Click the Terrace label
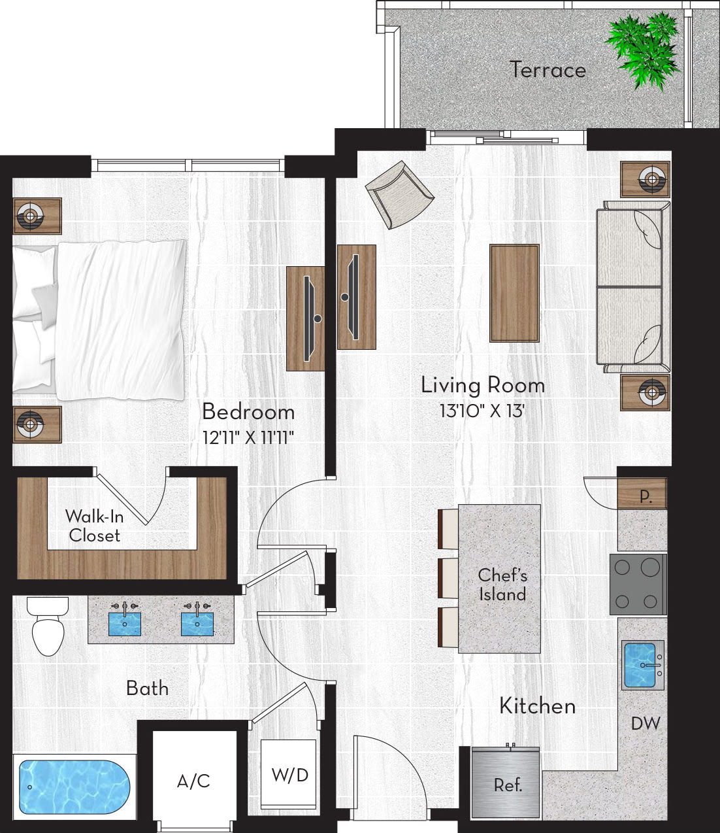click(x=548, y=69)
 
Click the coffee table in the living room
click(x=514, y=293)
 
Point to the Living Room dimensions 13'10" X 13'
click(x=482, y=411)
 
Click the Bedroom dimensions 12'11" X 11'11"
click(x=248, y=437)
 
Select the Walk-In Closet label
click(x=94, y=526)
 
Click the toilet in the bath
click(x=48, y=628)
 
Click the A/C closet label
click(x=193, y=781)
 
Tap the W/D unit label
click(x=289, y=775)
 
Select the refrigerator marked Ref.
click(x=506, y=784)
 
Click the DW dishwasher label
click(x=645, y=723)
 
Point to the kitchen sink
click(x=641, y=665)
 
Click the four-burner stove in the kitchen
click(x=637, y=585)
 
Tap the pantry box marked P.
click(x=644, y=495)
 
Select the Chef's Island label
click(x=502, y=585)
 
